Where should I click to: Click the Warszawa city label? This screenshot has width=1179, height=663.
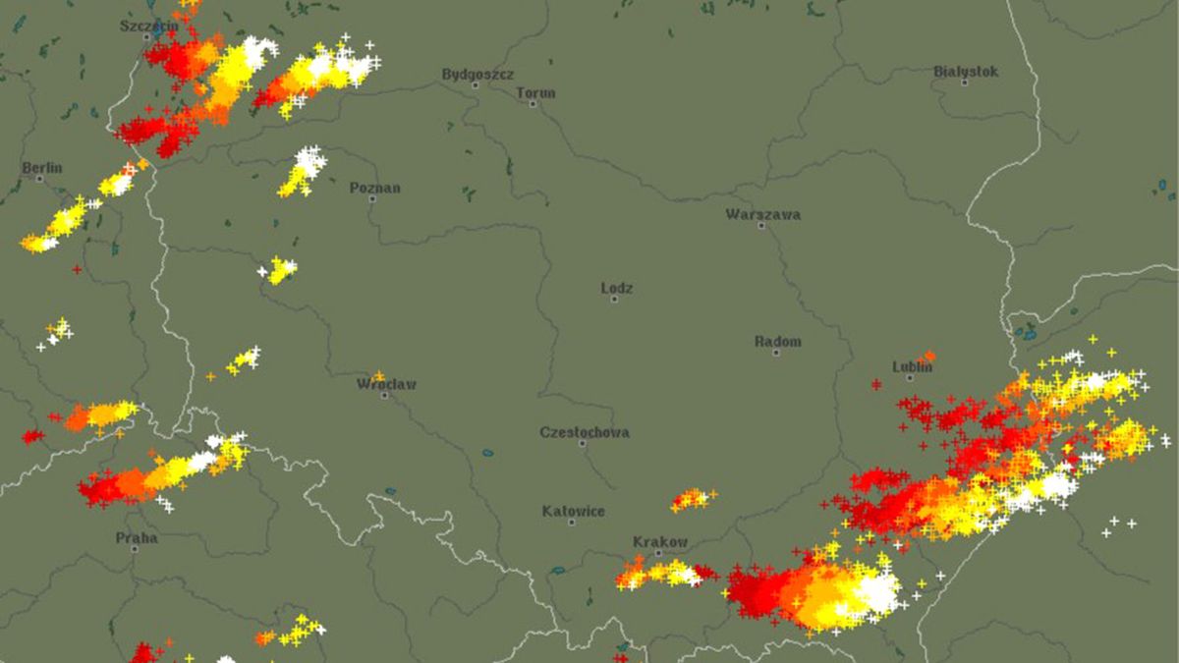[x=762, y=214]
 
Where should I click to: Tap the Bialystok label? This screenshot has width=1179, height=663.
[x=965, y=72]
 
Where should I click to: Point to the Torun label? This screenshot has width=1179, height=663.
[x=535, y=93]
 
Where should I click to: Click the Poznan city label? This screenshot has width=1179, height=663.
[x=375, y=188]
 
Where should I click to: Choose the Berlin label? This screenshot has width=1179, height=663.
[x=42, y=168]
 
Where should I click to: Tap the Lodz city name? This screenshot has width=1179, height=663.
[x=617, y=289]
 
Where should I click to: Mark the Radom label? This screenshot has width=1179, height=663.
[x=778, y=342]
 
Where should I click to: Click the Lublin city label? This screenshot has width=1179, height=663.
[x=912, y=367]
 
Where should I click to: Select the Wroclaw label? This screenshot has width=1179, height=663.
[x=386, y=384]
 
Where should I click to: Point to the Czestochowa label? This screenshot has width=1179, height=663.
[x=585, y=432]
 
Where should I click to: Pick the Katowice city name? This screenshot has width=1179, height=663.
[x=574, y=511]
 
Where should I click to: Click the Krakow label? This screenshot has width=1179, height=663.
[x=660, y=542]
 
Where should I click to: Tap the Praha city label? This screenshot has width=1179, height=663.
[x=137, y=537]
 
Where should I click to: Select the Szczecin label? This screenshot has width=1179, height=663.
[x=149, y=26]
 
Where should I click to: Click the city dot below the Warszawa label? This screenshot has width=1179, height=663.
[x=760, y=226]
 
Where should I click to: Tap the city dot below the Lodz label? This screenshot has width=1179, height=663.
[x=614, y=299]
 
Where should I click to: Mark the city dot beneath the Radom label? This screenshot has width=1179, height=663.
[x=775, y=352]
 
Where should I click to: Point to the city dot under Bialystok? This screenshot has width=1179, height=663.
[x=964, y=83]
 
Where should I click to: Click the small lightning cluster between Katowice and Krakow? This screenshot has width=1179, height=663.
[x=693, y=499]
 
